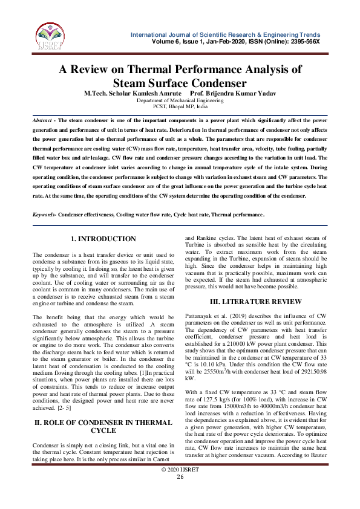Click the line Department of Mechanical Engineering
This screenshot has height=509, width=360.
click(x=180, y=101)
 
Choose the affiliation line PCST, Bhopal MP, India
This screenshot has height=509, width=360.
click(x=180, y=107)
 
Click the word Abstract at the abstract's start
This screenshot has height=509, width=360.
click(x=42, y=121)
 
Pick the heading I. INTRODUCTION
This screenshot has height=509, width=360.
click(x=103, y=239)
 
